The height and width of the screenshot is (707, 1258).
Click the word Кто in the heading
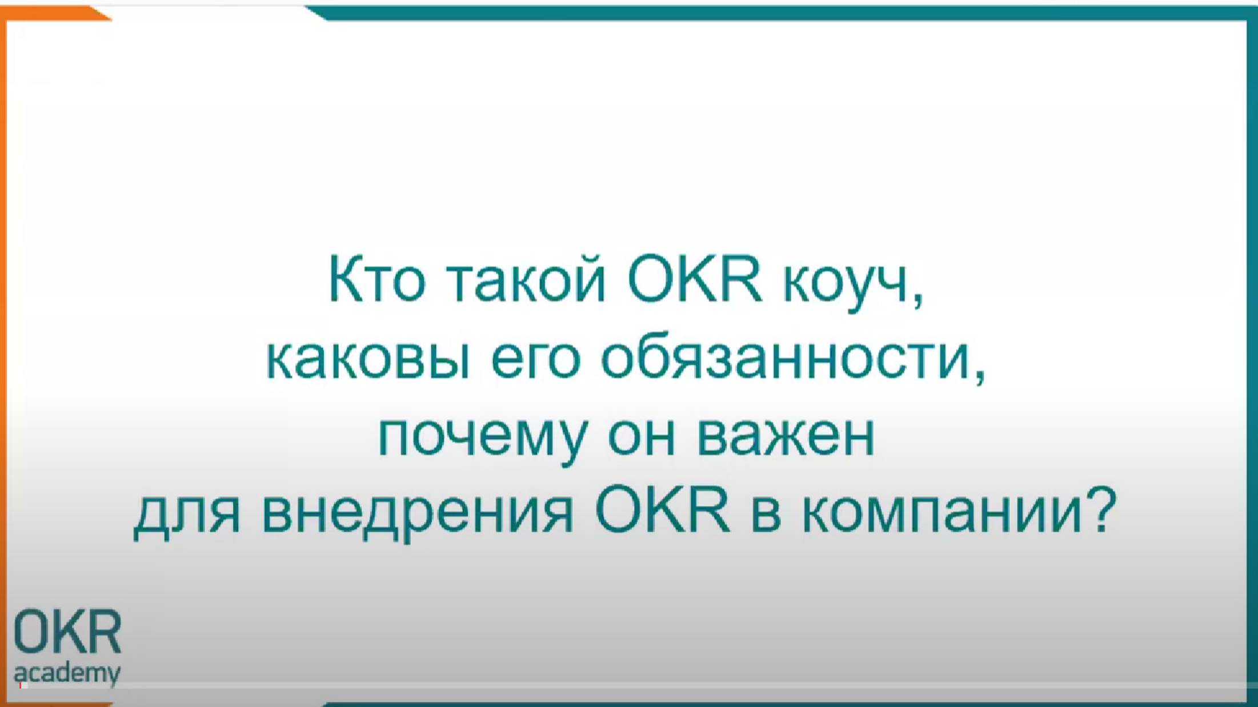[376, 280]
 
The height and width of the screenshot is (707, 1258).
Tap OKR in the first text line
[694, 280]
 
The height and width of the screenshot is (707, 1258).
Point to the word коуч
[846, 283]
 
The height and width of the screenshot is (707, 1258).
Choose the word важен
[786, 436]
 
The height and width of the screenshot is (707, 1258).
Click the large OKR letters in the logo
[67, 632]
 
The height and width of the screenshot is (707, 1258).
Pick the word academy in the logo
[67, 673]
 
